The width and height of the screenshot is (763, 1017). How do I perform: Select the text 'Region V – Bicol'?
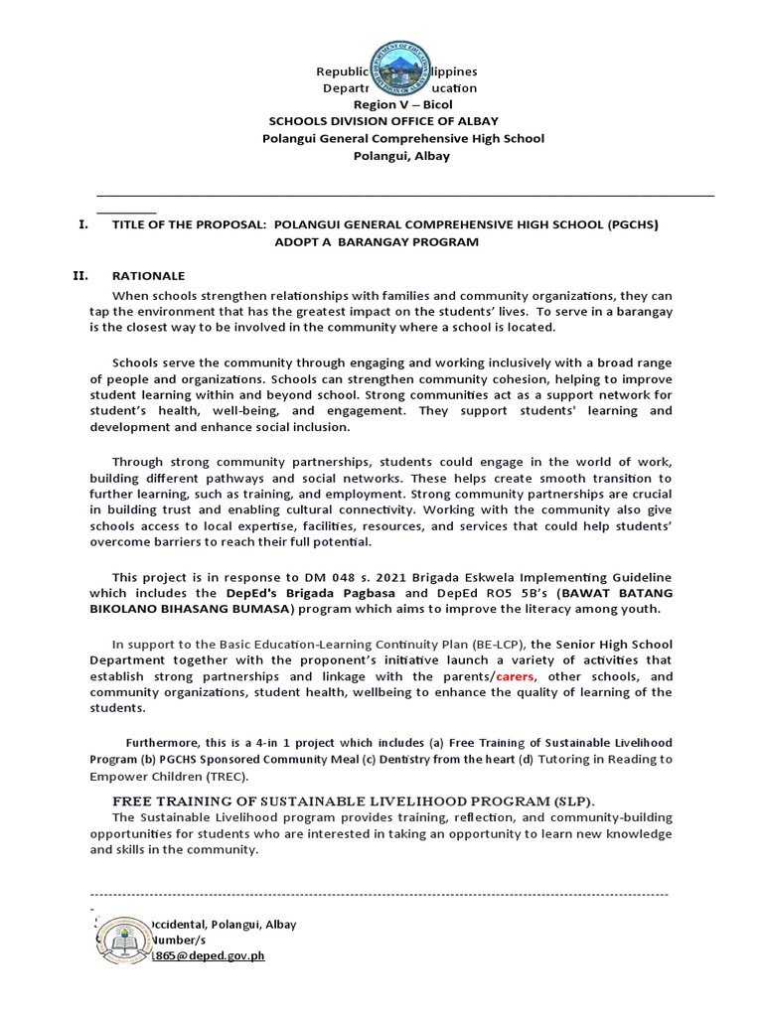pyautogui.click(x=402, y=105)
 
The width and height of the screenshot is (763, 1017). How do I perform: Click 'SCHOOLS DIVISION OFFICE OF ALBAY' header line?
pyautogui.click(x=402, y=122)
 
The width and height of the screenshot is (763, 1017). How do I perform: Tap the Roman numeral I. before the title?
pyautogui.click(x=83, y=225)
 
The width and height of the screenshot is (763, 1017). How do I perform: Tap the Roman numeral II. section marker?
pyautogui.click(x=84, y=275)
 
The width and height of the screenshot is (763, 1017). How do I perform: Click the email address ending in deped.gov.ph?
pyautogui.click(x=208, y=955)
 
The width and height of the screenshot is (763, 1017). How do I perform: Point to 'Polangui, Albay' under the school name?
pyautogui.click(x=402, y=156)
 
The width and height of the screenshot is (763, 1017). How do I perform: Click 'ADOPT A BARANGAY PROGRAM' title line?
pyautogui.click(x=377, y=242)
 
